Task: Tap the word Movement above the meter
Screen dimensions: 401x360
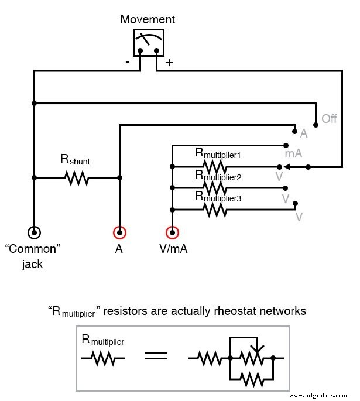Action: (x=148, y=19)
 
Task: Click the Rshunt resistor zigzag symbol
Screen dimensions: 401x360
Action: (x=77, y=178)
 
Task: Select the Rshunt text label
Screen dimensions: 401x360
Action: (x=76, y=159)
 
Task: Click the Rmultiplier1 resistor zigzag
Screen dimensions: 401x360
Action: (x=215, y=166)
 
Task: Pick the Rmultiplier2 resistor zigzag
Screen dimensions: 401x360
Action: (x=215, y=188)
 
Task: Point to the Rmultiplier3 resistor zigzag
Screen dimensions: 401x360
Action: (x=215, y=209)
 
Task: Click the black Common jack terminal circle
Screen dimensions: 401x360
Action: (x=34, y=233)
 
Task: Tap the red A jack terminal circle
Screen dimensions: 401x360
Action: (x=119, y=233)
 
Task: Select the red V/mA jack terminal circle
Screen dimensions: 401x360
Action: (x=172, y=233)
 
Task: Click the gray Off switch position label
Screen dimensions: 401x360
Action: (x=329, y=119)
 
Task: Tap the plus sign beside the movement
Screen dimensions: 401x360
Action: (x=169, y=63)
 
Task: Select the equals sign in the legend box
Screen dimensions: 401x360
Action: (x=156, y=356)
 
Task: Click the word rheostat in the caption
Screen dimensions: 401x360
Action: (x=237, y=311)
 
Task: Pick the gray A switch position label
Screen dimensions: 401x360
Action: (x=304, y=134)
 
